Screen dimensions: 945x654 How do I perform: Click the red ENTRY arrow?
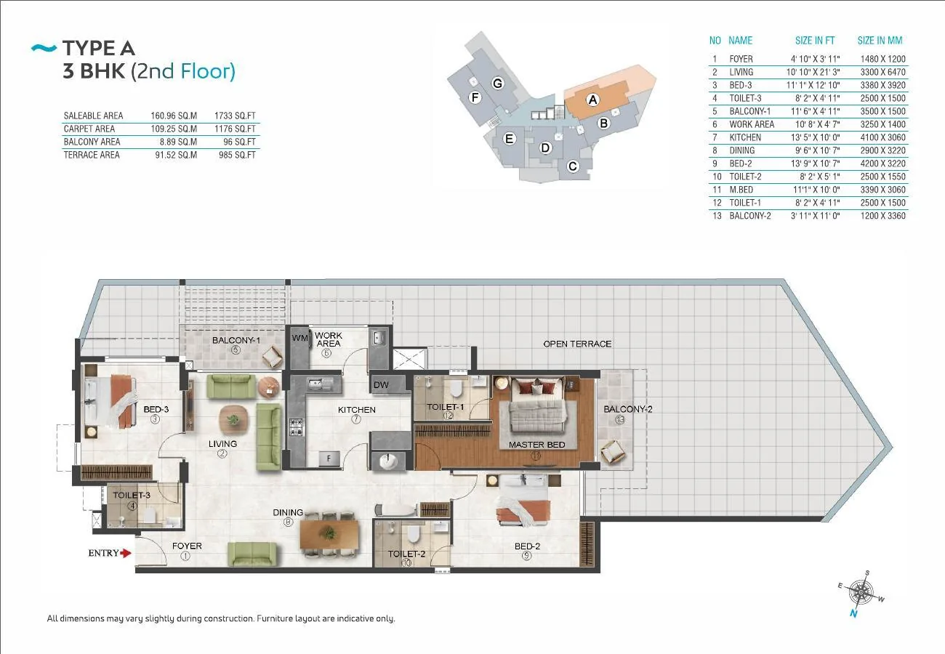[x=126, y=553]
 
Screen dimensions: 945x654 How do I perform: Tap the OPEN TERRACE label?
[x=577, y=344]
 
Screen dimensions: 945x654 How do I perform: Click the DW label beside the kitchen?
[x=381, y=384]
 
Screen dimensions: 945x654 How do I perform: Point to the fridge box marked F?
[x=329, y=459]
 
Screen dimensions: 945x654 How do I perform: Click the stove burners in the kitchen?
[x=296, y=427]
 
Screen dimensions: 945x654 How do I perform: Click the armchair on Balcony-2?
[x=614, y=452]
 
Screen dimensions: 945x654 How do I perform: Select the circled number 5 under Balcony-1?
[x=236, y=350]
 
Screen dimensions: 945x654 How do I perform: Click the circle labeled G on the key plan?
[x=498, y=84]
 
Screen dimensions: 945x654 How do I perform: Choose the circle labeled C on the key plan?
[x=573, y=166]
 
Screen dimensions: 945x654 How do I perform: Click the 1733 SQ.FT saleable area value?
[x=235, y=116]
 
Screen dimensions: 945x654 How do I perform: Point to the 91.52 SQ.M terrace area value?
[x=176, y=155]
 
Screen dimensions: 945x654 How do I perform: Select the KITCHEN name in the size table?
[x=745, y=137]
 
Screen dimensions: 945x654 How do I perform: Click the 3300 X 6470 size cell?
[x=883, y=72]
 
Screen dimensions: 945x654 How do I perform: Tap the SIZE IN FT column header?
[x=815, y=41]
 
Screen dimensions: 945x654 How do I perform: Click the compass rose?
[x=861, y=593]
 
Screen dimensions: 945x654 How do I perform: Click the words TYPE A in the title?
[x=99, y=48]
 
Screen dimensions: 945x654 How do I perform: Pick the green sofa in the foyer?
[x=252, y=554]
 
